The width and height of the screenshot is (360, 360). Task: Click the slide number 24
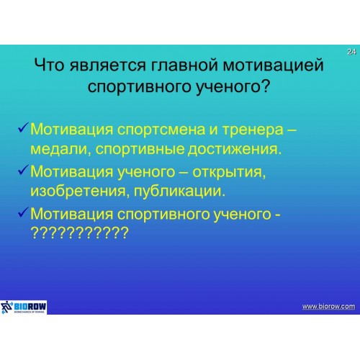pyautogui.click(x=351, y=52)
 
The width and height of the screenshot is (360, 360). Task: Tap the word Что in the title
pyautogui.click(x=49, y=65)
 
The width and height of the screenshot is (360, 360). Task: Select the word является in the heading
pyautogui.click(x=108, y=65)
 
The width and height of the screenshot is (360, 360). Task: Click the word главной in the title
pyautogui.click(x=184, y=65)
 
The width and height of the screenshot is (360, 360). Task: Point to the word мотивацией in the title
pyautogui.click(x=274, y=65)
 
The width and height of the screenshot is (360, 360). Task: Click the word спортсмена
pyautogui.click(x=162, y=130)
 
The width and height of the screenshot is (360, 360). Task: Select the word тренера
pyautogui.click(x=253, y=130)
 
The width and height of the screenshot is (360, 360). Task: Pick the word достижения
pyautogui.click(x=234, y=149)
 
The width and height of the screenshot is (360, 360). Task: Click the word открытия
pyautogui.click(x=229, y=172)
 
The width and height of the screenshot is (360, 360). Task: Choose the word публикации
pyautogui.click(x=179, y=192)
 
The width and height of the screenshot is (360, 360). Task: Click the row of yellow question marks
pyautogui.click(x=80, y=233)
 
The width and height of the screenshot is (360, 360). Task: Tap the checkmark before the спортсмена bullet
pyautogui.click(x=23, y=127)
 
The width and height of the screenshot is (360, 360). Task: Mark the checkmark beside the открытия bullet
pyautogui.click(x=23, y=169)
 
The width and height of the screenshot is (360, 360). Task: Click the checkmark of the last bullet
pyautogui.click(x=23, y=212)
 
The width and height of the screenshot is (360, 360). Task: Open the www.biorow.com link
pyautogui.click(x=328, y=307)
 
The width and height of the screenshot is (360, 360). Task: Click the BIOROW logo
pyautogui.click(x=24, y=307)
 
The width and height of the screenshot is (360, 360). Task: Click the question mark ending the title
pyautogui.click(x=265, y=86)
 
